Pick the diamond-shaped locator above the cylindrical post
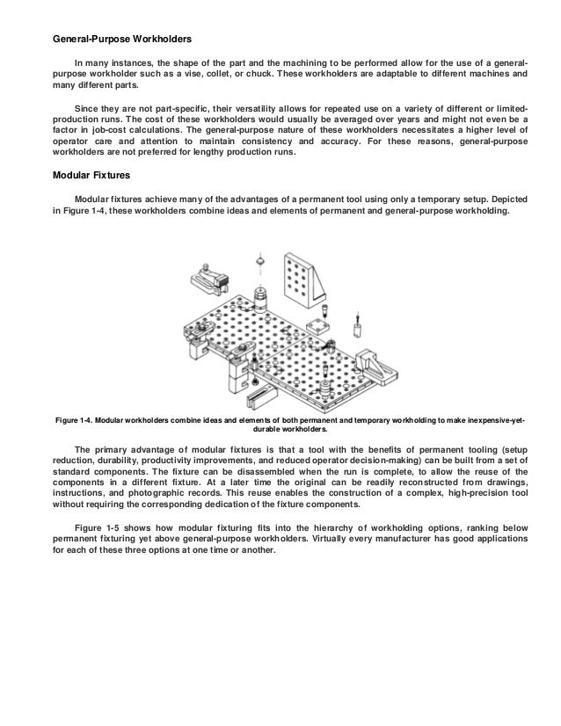[260, 261]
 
